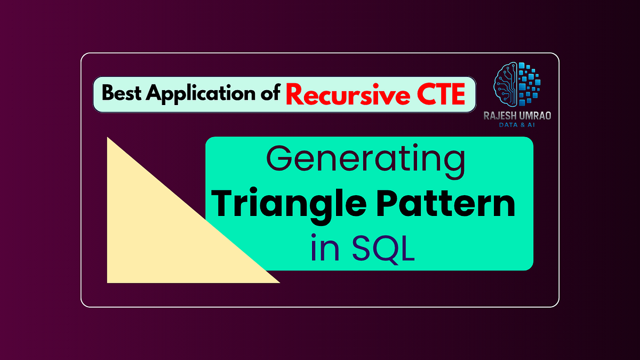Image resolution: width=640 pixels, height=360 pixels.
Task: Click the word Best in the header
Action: tap(122, 94)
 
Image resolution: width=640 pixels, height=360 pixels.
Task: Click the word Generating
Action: tap(365, 160)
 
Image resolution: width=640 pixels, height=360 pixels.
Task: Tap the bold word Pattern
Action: tap(443, 205)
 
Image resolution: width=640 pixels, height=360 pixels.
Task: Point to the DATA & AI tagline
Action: tap(517, 124)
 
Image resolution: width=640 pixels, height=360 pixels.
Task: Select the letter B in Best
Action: tap(108, 94)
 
